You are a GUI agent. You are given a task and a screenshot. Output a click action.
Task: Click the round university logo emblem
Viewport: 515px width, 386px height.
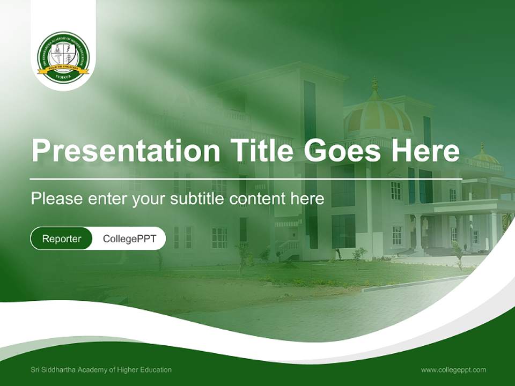pos(63,57)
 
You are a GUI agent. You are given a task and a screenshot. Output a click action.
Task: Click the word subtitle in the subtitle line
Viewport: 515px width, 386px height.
pos(198,199)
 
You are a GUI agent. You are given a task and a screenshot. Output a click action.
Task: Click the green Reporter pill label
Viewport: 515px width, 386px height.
pos(62,239)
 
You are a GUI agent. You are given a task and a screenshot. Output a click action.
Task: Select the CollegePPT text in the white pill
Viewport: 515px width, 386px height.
pos(129,239)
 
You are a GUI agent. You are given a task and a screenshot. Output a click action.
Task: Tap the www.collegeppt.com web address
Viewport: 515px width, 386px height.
pos(453,370)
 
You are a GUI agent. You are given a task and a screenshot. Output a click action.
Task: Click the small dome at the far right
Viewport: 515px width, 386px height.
pos(485,157)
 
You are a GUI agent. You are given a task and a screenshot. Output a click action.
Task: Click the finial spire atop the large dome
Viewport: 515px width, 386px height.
pos(375,85)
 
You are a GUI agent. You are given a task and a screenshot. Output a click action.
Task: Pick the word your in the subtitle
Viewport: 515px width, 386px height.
pos(150,199)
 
